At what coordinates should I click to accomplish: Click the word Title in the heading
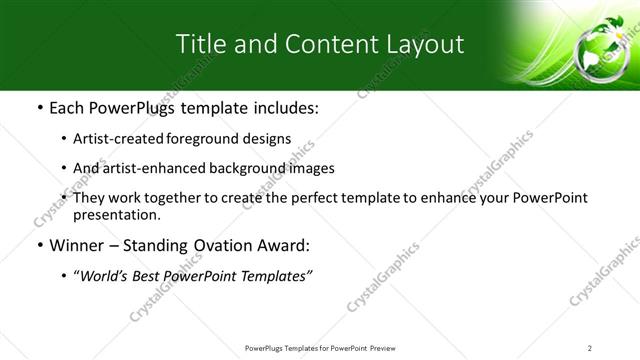point(199,44)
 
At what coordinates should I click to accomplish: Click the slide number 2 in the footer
point(590,347)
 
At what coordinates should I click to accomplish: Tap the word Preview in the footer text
point(390,347)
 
